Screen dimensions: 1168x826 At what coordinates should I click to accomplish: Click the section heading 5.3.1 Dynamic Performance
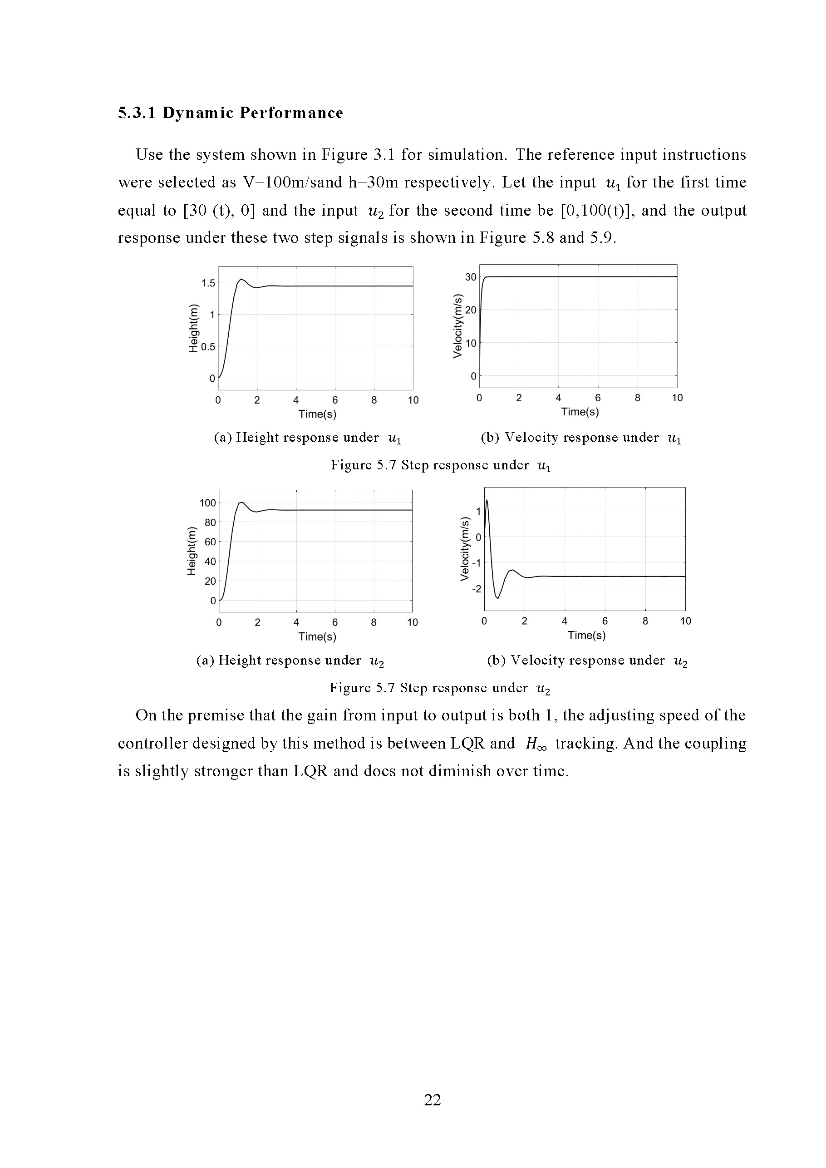coord(231,113)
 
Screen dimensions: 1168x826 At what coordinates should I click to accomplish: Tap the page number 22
coord(433,1100)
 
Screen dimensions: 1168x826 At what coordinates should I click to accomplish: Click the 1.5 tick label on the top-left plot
coord(208,283)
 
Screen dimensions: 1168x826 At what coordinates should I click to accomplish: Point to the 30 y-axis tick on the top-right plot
coord(471,277)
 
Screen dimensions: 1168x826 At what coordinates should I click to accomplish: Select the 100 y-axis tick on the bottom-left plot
coord(207,503)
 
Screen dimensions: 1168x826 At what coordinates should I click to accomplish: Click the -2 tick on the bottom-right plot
coord(477,589)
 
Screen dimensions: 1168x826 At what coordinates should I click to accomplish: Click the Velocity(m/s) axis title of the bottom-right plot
coord(464,549)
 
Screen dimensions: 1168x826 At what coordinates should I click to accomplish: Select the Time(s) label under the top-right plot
coord(580,412)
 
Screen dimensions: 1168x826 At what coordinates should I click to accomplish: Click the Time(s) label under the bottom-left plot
coord(317,637)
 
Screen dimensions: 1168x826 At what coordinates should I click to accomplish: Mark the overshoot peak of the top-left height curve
coord(241,279)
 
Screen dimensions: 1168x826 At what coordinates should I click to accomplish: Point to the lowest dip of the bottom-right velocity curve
coord(498,598)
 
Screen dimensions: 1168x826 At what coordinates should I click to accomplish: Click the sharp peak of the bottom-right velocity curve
coord(487,501)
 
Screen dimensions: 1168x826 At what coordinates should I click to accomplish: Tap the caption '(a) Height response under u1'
coord(308,438)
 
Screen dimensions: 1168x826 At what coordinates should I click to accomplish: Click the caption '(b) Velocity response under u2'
coord(587,661)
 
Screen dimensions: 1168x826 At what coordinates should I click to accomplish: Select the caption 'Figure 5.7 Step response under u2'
coord(440,688)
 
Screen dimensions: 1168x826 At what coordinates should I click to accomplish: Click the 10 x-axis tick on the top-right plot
coord(677,398)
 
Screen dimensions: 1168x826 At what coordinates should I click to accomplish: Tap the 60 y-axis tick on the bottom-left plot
coord(210,542)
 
